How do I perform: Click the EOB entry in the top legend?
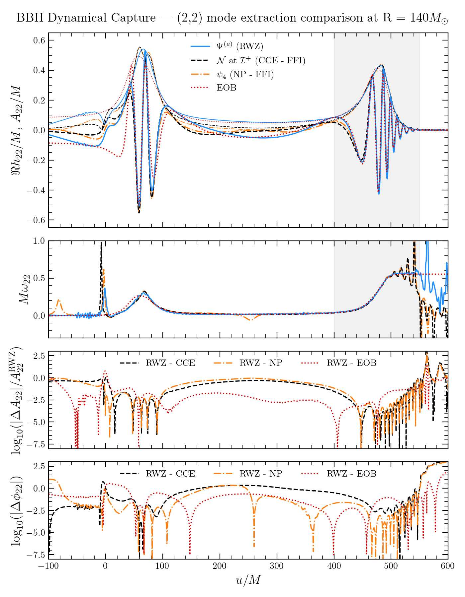pos(226,88)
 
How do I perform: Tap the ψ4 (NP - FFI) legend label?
pos(245,75)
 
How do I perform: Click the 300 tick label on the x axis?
pos(277,566)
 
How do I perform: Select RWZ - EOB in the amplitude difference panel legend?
pos(351,363)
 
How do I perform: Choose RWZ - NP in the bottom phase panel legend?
pos(261,474)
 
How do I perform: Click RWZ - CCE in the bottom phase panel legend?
pos(170,474)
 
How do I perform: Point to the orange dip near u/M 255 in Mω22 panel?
pos(251,319)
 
